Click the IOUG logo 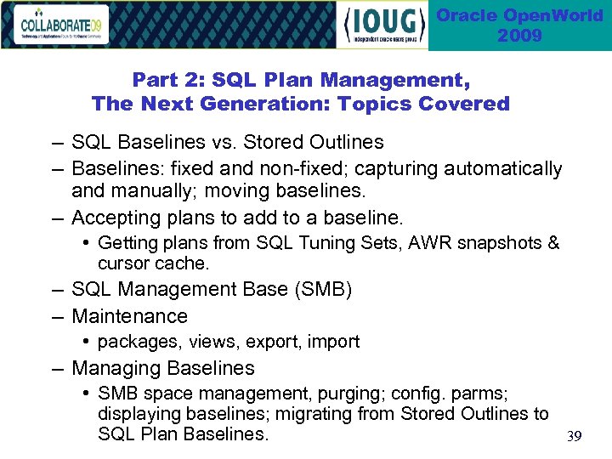[x=384, y=25]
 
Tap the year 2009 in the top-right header [x=519, y=36]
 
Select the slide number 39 [x=575, y=437]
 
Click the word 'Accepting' [x=112, y=217]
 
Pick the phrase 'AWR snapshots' [x=484, y=244]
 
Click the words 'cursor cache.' [x=153, y=263]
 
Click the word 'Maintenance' [x=129, y=316]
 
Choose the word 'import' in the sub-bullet [x=333, y=342]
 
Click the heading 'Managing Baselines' [x=162, y=368]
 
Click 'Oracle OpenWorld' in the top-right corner [x=519, y=16]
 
